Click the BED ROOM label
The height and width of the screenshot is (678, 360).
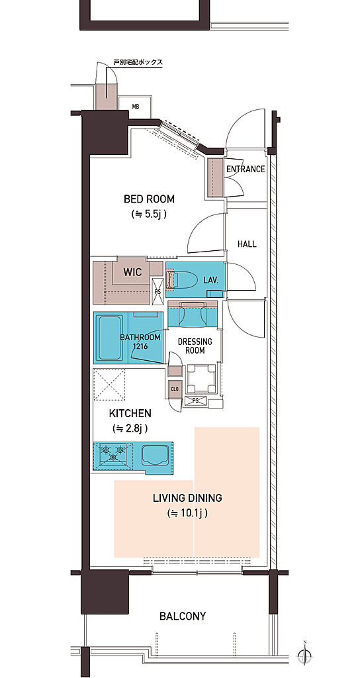click(x=149, y=199)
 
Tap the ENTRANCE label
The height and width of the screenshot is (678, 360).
click(x=246, y=169)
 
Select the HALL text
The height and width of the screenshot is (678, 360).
click(x=247, y=244)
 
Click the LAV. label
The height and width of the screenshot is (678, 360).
click(x=211, y=280)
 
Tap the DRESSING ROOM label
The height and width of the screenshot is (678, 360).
click(x=195, y=346)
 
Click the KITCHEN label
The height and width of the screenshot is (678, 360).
click(x=130, y=413)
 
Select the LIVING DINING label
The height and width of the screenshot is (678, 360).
click(x=187, y=498)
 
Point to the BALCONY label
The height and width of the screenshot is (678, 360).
click(x=183, y=616)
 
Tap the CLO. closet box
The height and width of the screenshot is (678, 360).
click(x=175, y=388)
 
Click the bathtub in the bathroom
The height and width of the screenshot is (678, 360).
click(x=111, y=338)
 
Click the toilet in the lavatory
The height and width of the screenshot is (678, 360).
click(x=184, y=280)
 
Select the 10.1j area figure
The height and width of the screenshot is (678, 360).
click(x=187, y=514)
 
